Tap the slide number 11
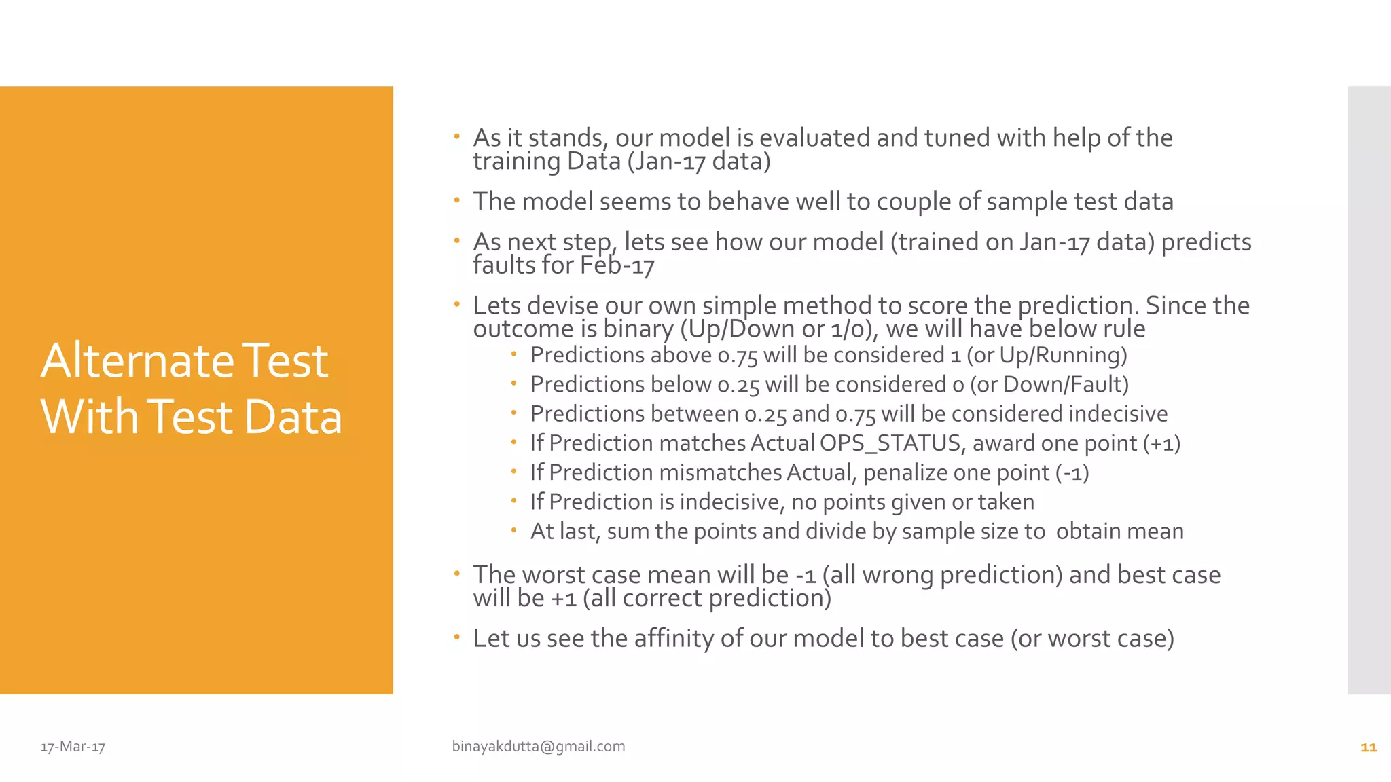click(1368, 747)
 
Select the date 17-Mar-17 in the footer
click(73, 747)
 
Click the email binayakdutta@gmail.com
click(539, 746)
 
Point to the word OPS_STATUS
click(890, 443)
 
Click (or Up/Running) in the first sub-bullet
click(1047, 355)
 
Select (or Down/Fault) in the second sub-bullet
click(1049, 385)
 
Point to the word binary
click(638, 329)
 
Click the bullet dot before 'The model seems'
click(457, 201)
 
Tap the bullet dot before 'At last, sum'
click(514, 530)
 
